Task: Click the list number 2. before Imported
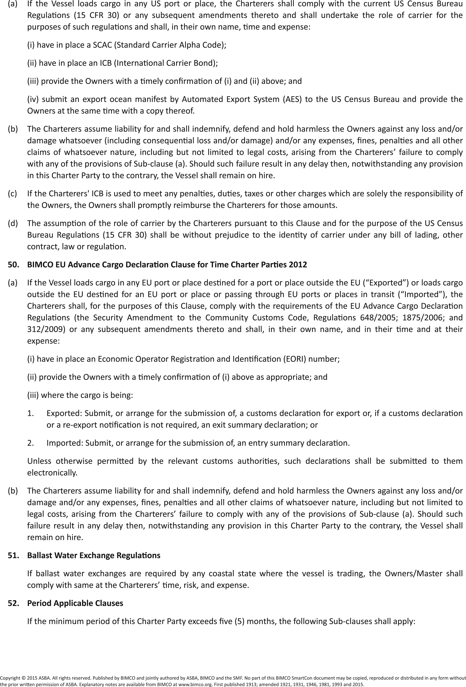click(x=30, y=443)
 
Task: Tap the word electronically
click(x=52, y=473)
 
